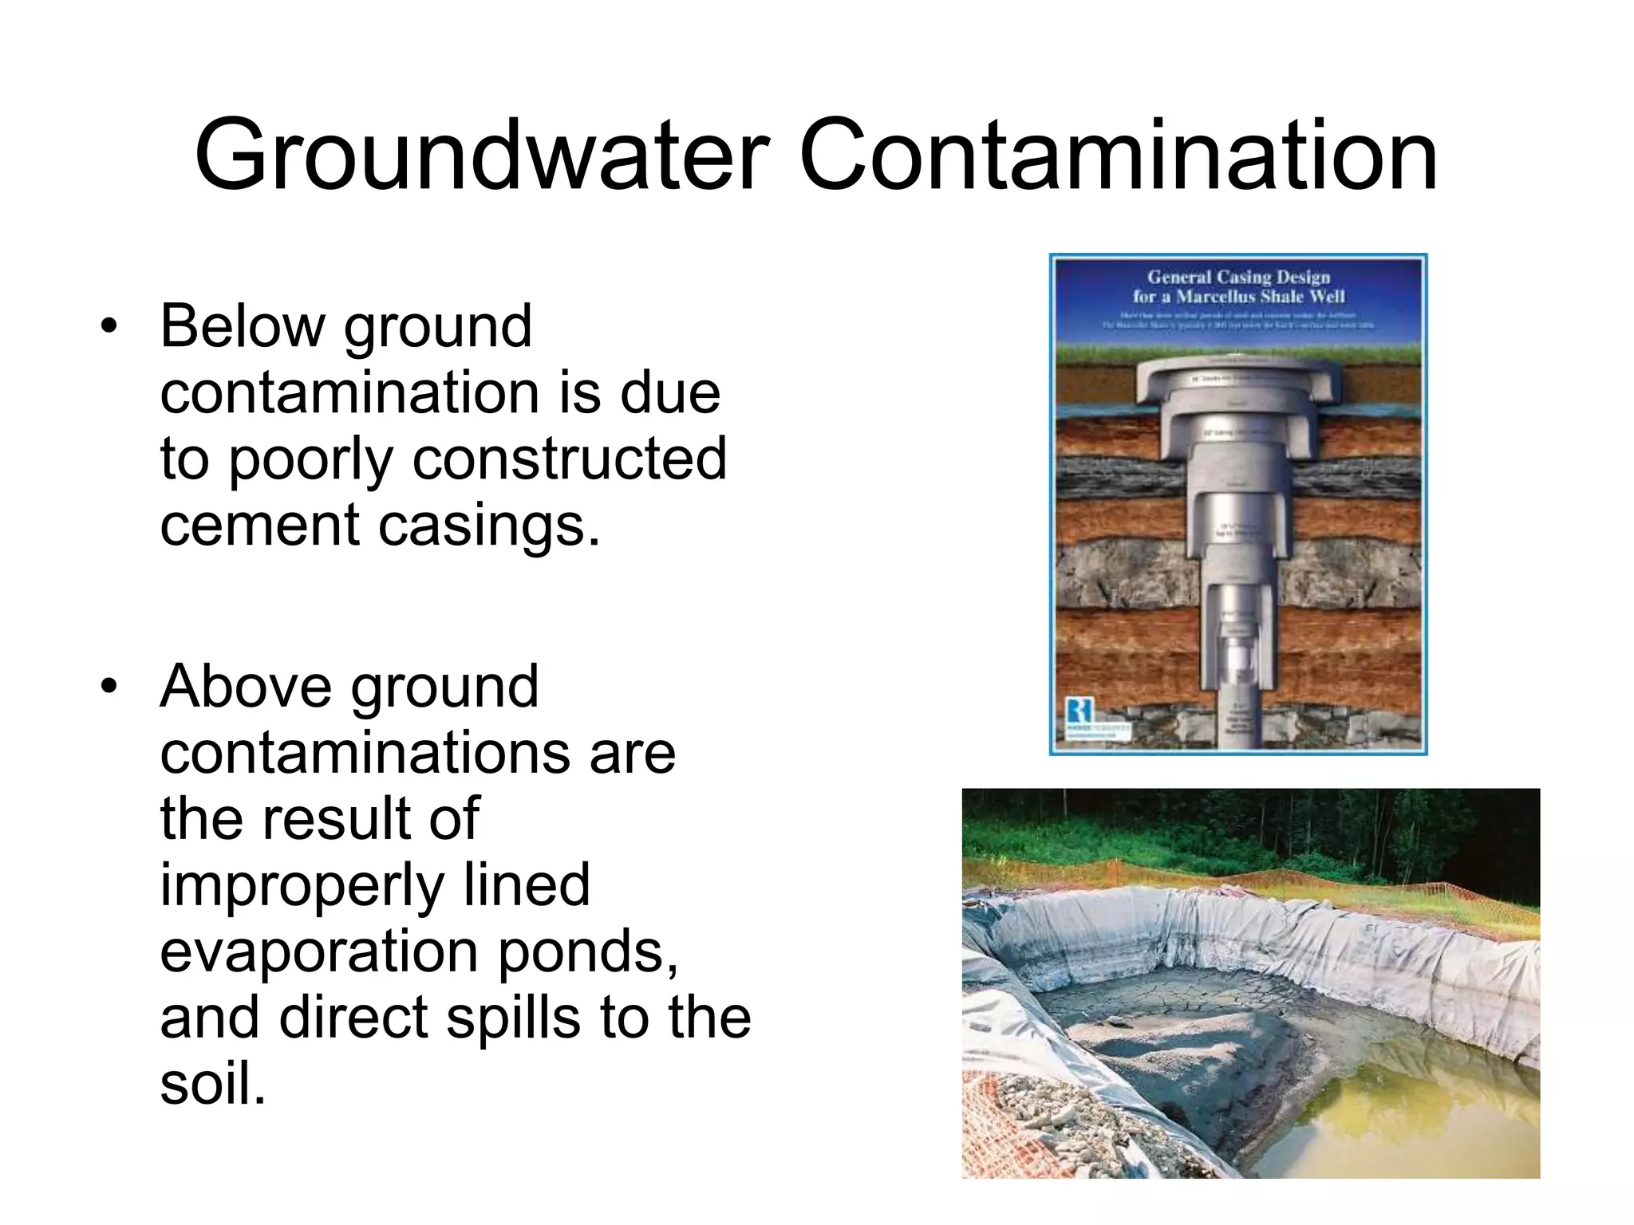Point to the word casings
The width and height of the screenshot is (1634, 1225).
489,526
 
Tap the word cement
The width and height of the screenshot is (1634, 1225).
259,526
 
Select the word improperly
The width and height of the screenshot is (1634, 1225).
301,885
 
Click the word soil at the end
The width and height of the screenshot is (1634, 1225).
211,1084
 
